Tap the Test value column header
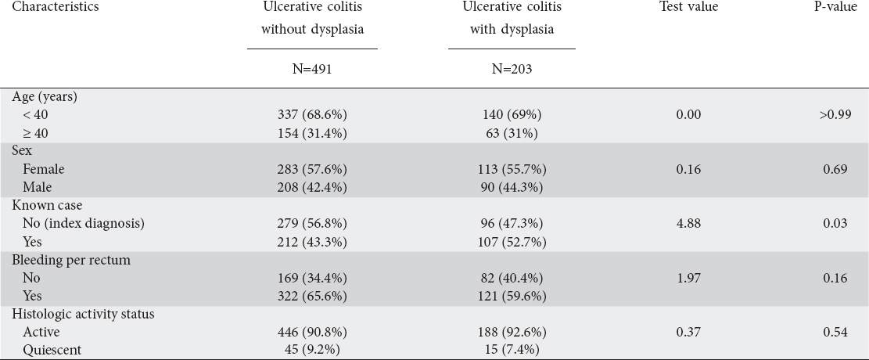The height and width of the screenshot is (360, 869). [688, 7]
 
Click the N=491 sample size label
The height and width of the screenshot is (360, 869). [312, 70]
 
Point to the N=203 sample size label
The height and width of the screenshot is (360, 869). [512, 70]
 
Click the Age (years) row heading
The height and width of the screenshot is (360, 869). [45, 96]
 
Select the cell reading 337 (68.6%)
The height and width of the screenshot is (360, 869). [312, 115]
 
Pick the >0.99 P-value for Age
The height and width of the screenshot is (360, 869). [835, 115]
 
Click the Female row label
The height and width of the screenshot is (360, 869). [43, 169]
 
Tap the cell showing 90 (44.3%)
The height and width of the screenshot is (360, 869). [512, 188]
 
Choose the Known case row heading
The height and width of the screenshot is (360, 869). [47, 205]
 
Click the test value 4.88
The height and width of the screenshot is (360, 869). [688, 224]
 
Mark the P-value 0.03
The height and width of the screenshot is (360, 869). [835, 224]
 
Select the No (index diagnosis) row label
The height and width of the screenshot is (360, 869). [83, 224]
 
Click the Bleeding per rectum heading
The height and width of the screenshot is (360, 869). [71, 260]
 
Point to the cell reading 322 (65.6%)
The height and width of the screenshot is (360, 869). [312, 296]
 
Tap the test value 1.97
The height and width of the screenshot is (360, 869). [688, 278]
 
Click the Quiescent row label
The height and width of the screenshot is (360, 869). [52, 351]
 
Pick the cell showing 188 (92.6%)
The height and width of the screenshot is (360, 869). [512, 333]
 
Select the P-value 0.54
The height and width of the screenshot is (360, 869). [835, 333]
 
